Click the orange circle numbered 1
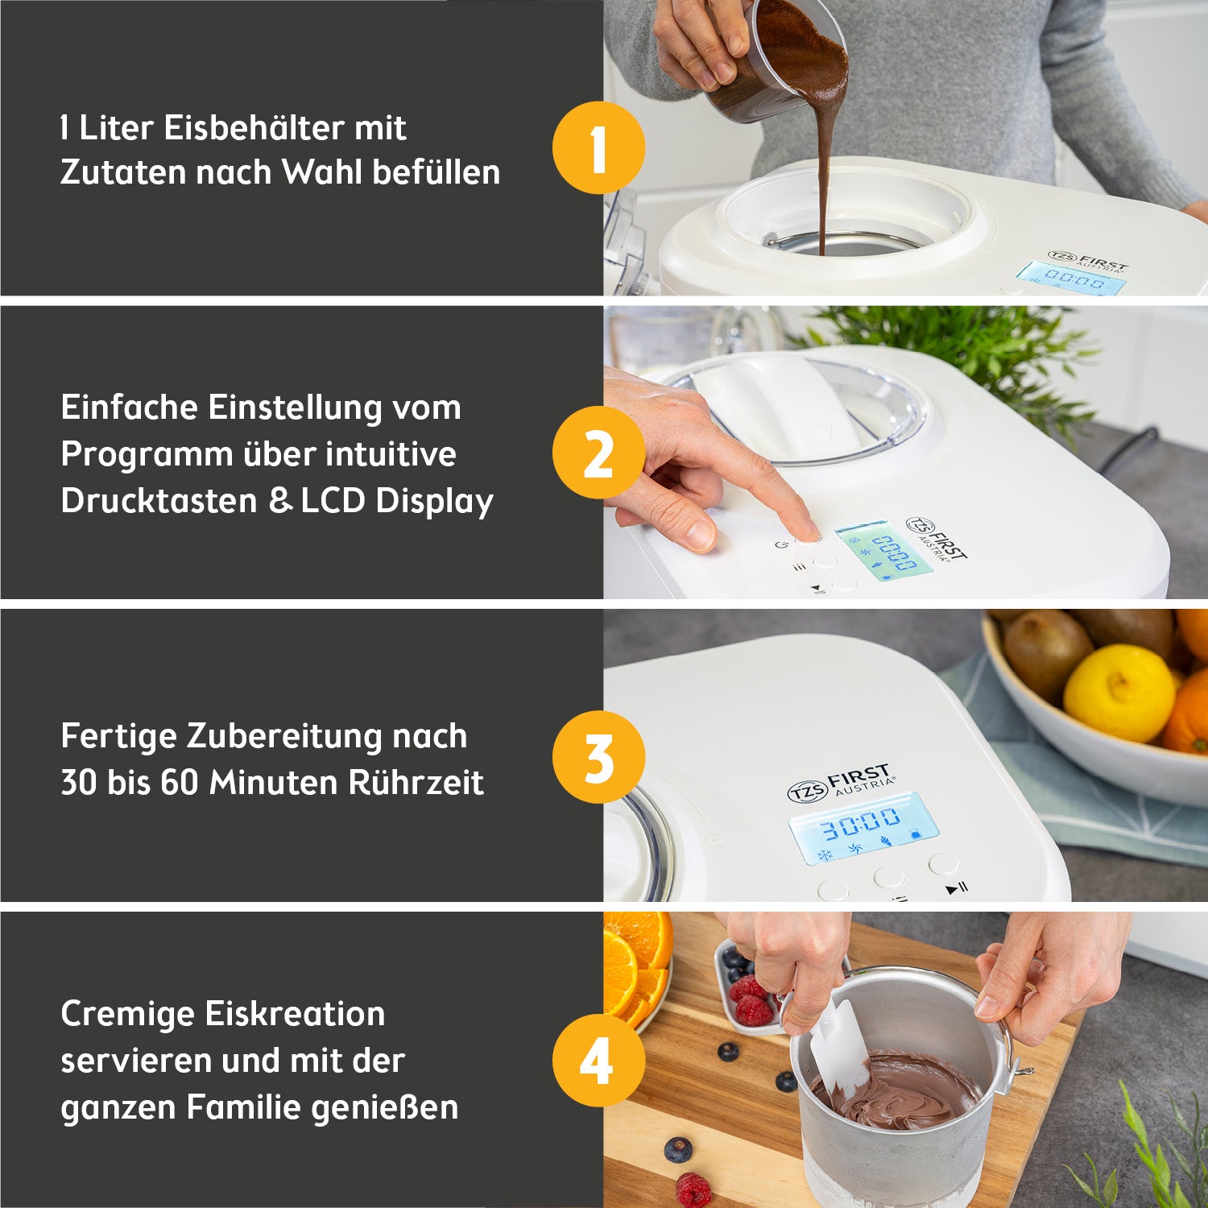click(x=598, y=148)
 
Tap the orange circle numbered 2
click(x=598, y=453)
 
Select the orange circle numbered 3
click(x=598, y=757)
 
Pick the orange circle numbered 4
click(x=598, y=1061)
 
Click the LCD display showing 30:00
click(x=862, y=826)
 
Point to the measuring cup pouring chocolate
click(x=765, y=64)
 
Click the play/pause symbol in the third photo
click(x=956, y=888)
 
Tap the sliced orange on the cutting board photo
click(x=636, y=962)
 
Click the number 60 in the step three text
click(x=180, y=783)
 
